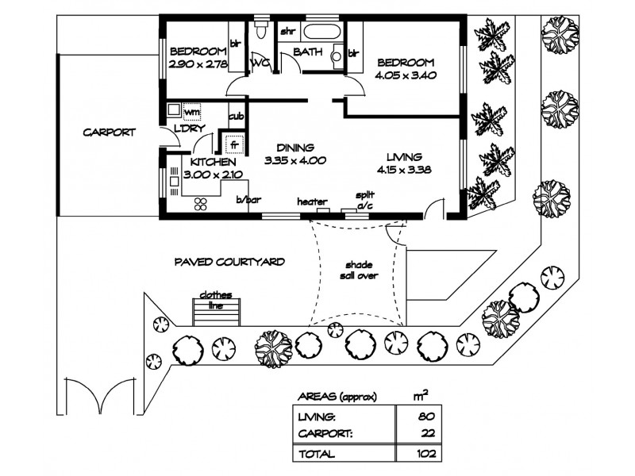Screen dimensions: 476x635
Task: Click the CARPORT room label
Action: click(109, 132)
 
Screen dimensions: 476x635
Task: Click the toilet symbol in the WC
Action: click(260, 31)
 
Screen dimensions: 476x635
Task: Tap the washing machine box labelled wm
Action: click(191, 112)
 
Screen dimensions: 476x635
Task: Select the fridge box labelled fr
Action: click(233, 145)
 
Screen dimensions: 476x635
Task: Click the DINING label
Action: click(295, 148)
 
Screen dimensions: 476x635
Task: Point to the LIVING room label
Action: click(398, 155)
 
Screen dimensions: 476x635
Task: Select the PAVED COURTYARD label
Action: click(229, 261)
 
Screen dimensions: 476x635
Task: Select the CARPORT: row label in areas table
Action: click(325, 434)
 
